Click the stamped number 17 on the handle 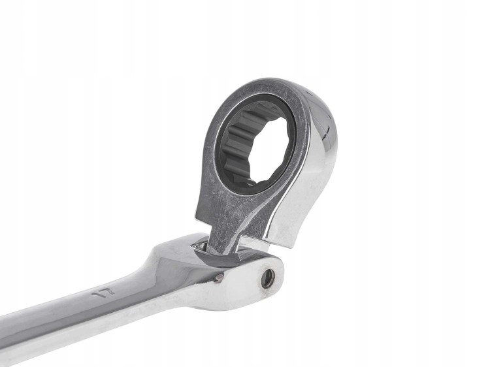pos(104,293)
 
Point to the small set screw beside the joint pos(220,278)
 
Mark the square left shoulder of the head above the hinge pos(203,215)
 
